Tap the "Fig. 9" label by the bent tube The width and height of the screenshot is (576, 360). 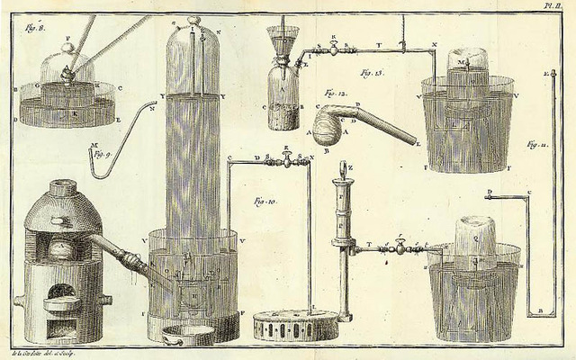click(x=100, y=155)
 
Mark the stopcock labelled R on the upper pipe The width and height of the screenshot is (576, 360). click(x=334, y=50)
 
